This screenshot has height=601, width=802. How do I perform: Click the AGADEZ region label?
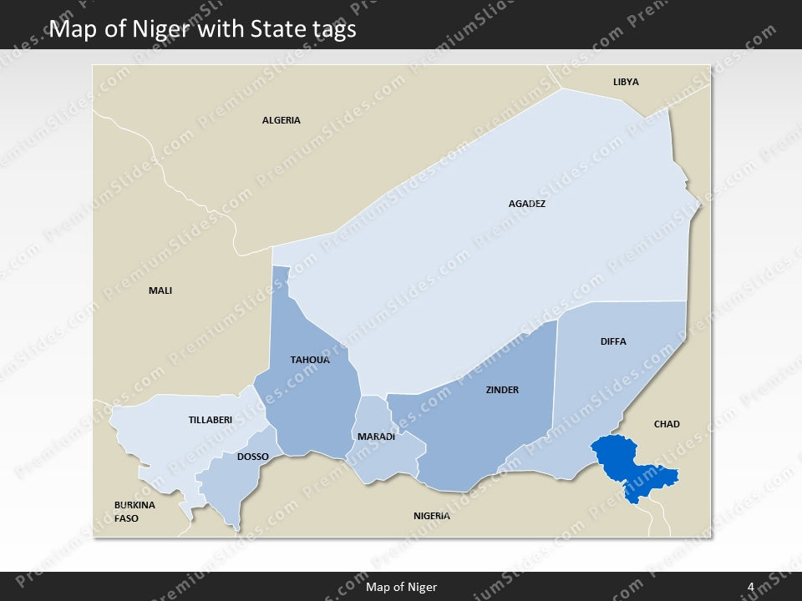(526, 203)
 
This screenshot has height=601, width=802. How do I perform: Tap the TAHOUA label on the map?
(310, 360)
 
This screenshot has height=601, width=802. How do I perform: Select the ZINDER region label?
(502, 390)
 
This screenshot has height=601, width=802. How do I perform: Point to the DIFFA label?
(613, 341)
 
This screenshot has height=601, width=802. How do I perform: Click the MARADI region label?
(376, 437)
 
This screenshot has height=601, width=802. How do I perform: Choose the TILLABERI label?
(211, 420)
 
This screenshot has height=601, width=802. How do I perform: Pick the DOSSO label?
(253, 457)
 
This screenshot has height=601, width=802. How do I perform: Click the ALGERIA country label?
(281, 120)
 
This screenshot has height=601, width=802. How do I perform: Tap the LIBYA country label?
(626, 82)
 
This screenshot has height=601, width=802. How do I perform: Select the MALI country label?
(160, 290)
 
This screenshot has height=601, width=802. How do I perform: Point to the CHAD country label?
(667, 424)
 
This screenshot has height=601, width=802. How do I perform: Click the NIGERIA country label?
(432, 515)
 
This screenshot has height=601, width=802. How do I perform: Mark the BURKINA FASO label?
(135, 512)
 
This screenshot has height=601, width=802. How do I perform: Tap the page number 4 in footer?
(751, 587)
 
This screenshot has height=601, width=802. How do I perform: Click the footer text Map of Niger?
(401, 587)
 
